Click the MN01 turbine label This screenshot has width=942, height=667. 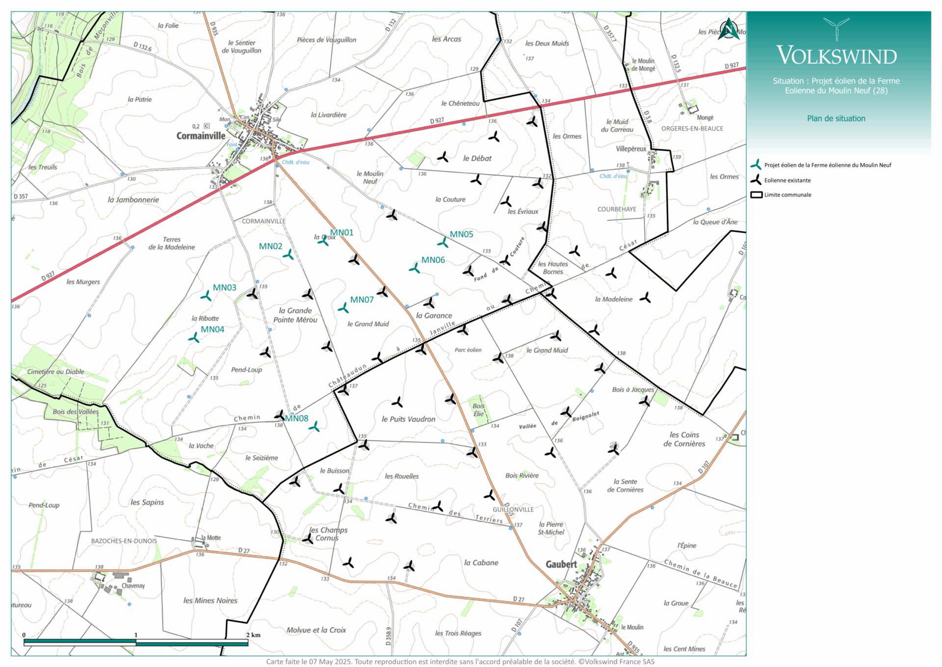pos(341,233)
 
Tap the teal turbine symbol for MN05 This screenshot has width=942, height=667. pos(443,242)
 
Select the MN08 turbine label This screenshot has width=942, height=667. pos(297,418)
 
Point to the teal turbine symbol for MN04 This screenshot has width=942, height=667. pos(194,337)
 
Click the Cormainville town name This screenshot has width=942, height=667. pos(201,136)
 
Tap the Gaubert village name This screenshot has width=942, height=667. pos(561,564)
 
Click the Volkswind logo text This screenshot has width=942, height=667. pos(837,56)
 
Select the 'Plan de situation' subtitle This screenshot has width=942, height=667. pos(836,118)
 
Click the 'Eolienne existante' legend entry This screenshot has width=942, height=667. pos(787,180)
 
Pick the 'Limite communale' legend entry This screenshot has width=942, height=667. pos(787,195)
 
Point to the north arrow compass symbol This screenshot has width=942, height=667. pos(729,29)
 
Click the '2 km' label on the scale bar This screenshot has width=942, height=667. pos(253,635)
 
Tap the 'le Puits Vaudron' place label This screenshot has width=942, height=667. pos(408,419)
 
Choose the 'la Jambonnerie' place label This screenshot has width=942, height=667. pos(133,200)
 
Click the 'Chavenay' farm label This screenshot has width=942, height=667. pos(133,585)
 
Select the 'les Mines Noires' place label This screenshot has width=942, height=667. pos(210,601)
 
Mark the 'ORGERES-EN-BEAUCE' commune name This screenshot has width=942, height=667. pos(692,129)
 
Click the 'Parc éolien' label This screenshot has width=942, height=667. pos(468,350)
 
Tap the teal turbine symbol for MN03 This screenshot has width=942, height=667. pos(206,296)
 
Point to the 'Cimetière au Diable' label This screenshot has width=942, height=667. pos(55,372)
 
